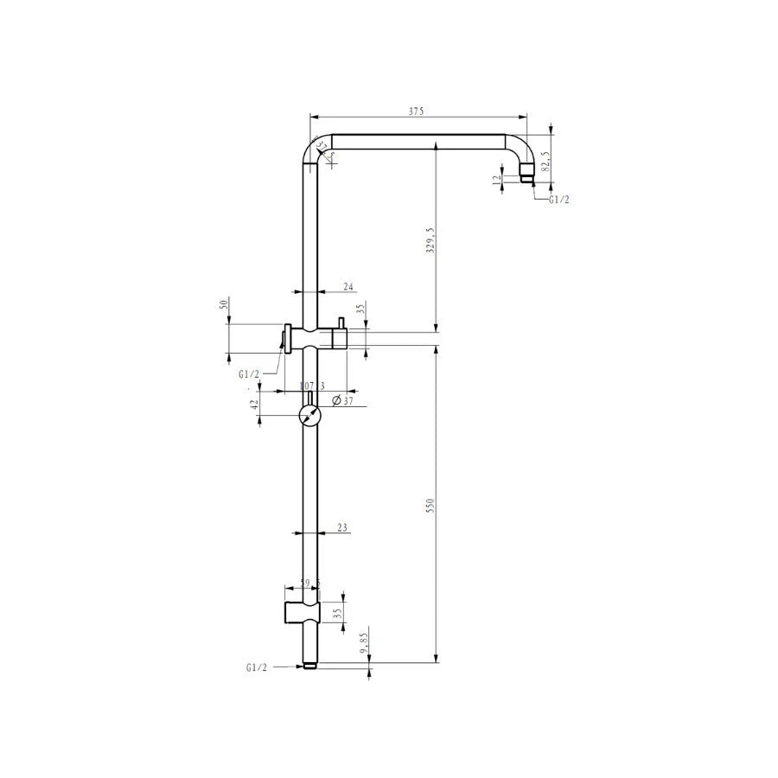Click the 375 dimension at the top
point(418,112)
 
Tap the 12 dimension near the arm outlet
point(496,180)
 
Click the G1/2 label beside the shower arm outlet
point(559,199)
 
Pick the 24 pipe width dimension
point(348,285)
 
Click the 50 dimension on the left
point(223,305)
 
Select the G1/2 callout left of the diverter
point(250,374)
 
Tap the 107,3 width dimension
point(311,386)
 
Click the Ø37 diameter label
point(344,401)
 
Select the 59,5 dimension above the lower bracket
point(309,583)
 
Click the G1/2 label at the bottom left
point(257,667)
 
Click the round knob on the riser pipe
point(309,416)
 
